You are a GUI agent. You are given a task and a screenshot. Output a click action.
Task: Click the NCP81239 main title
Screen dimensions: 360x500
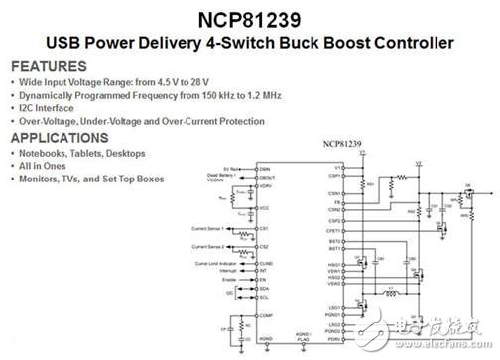(x=249, y=18)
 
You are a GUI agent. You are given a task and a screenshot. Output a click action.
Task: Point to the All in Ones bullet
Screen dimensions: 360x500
(x=45, y=168)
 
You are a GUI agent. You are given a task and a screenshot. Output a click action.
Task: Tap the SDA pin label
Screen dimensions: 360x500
(x=263, y=289)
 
